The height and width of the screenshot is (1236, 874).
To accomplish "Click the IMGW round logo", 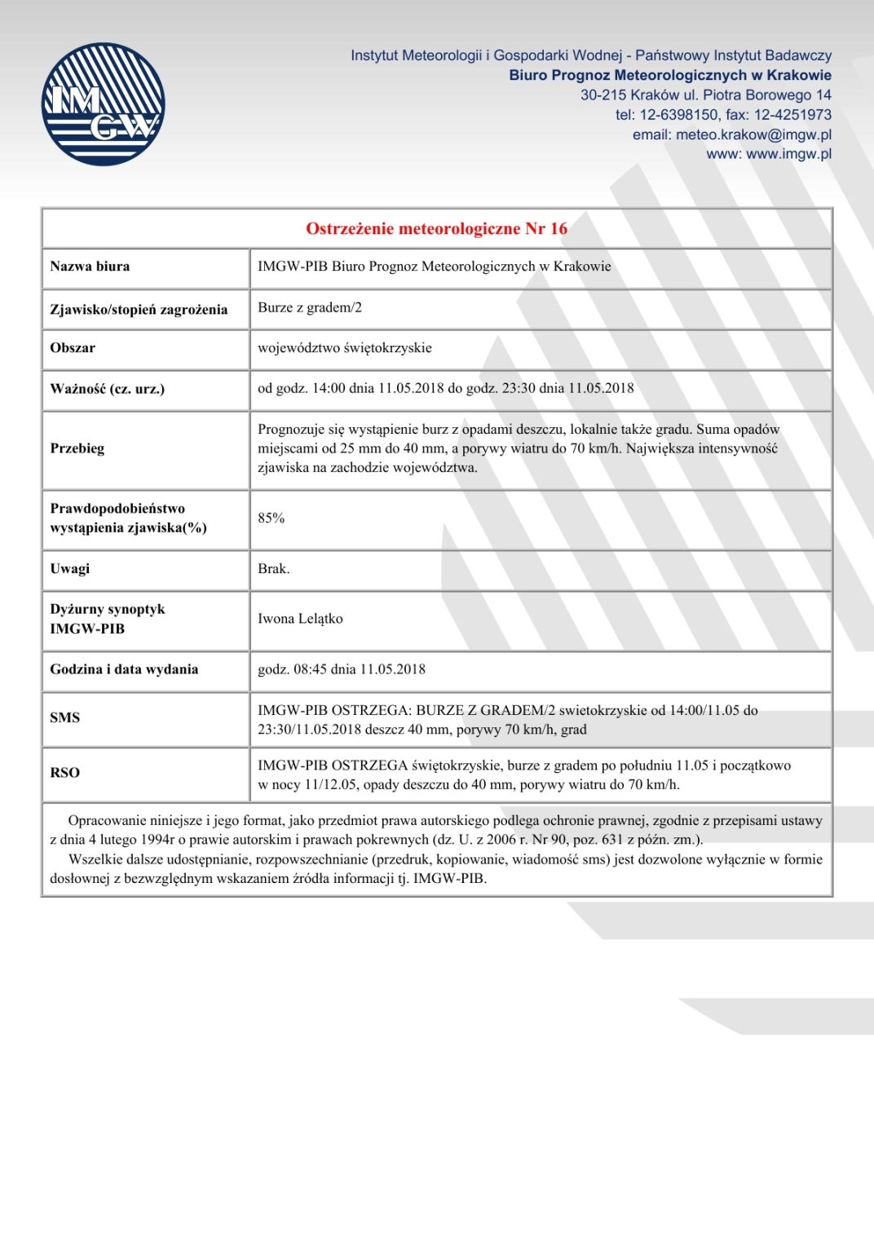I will coord(103,104).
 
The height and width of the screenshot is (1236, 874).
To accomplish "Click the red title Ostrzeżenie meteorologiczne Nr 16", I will coord(436,228).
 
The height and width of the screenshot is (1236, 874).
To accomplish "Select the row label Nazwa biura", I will coord(90,267).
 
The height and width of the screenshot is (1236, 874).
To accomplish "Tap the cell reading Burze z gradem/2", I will coord(310,307).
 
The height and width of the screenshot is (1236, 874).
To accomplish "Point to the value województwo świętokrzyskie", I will coord(345,348).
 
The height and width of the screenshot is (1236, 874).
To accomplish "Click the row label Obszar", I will coord(73,348).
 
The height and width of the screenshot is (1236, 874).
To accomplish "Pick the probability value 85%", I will coord(271,519).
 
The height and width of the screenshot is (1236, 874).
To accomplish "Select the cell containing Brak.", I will coord(274,569).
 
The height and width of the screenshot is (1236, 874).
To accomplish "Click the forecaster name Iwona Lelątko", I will coord(300,619).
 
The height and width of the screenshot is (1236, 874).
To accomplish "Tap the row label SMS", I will coord(65,718).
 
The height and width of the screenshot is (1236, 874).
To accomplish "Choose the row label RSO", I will coord(65,773).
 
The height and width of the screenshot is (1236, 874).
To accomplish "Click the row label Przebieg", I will coord(77,448).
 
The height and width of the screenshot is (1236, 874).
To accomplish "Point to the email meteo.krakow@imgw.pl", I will coord(753,135).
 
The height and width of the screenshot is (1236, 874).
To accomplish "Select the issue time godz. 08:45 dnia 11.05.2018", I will coord(342,669).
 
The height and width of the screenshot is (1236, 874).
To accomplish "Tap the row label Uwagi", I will coord(70,569).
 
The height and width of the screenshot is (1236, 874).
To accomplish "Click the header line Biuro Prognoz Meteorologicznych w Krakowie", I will coord(670,76).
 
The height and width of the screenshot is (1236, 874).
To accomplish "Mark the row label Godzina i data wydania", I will coord(124,669).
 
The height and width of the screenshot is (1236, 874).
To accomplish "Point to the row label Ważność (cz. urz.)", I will coord(107,389).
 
